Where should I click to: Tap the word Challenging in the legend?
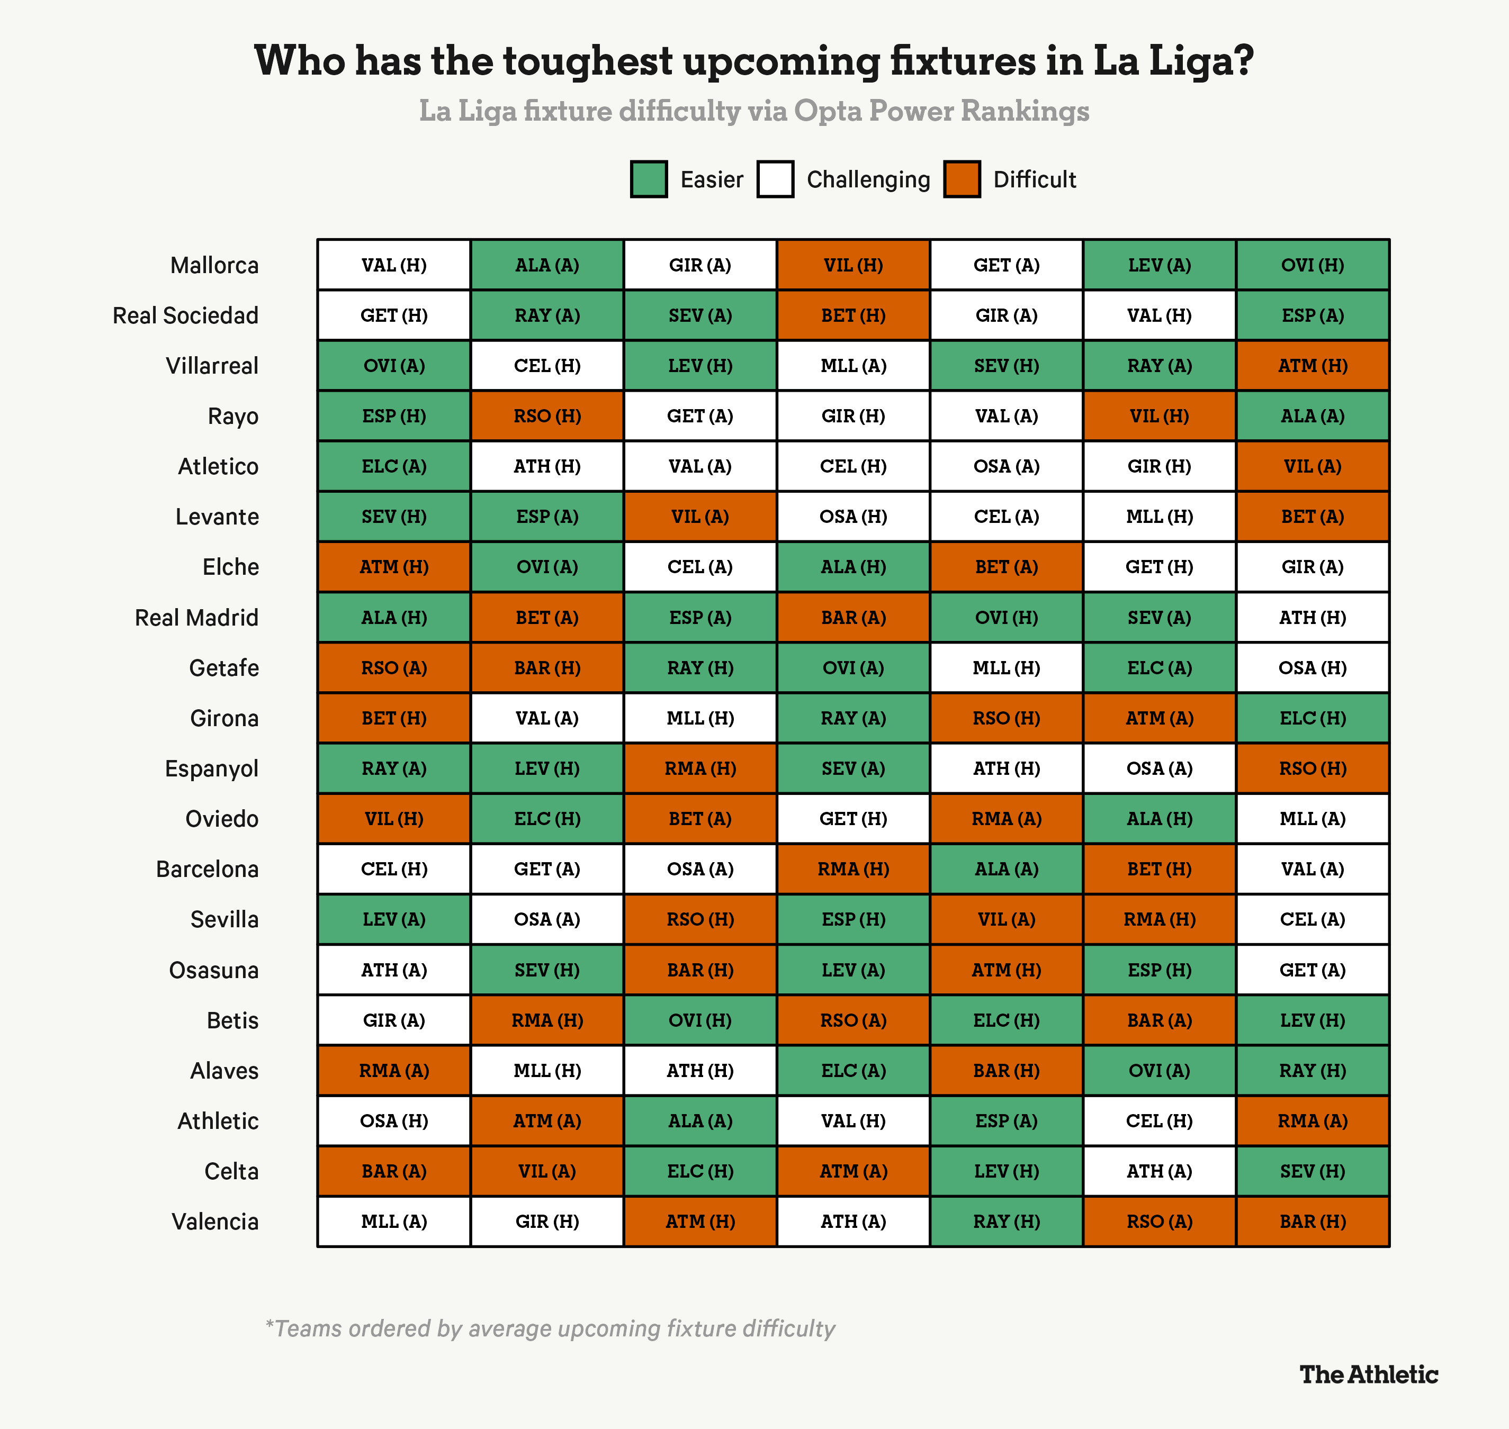868,180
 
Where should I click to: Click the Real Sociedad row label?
185,315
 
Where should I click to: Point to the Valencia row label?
215,1222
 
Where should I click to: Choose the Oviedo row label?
222,819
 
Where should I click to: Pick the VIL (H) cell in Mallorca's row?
853,265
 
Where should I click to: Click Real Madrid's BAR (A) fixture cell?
853,618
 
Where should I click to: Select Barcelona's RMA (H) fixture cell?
853,869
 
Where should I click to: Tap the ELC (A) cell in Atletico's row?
394,466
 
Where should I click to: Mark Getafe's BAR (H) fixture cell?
547,668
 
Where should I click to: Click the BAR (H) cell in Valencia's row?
1313,1222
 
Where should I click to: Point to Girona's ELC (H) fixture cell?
1313,718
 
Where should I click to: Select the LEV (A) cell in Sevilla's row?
394,919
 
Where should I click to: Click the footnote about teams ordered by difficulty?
550,1329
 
